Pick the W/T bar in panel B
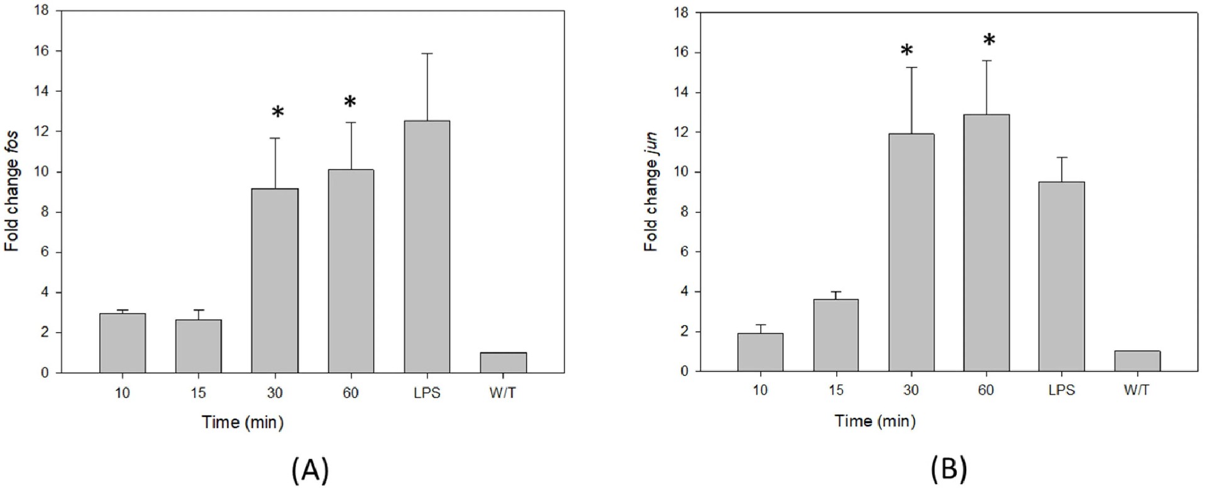[1137, 361]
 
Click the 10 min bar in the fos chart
[123, 343]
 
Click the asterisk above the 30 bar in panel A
[278, 113]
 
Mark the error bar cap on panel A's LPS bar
[427, 54]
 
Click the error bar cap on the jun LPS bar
[1062, 157]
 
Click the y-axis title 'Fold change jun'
[651, 191]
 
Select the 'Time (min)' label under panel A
[243, 422]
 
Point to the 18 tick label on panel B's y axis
[681, 13]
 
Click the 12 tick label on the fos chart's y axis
[41, 131]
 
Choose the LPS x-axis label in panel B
[1062, 390]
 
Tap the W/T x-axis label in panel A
[503, 393]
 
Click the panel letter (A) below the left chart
[311, 470]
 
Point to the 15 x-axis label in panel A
[198, 393]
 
